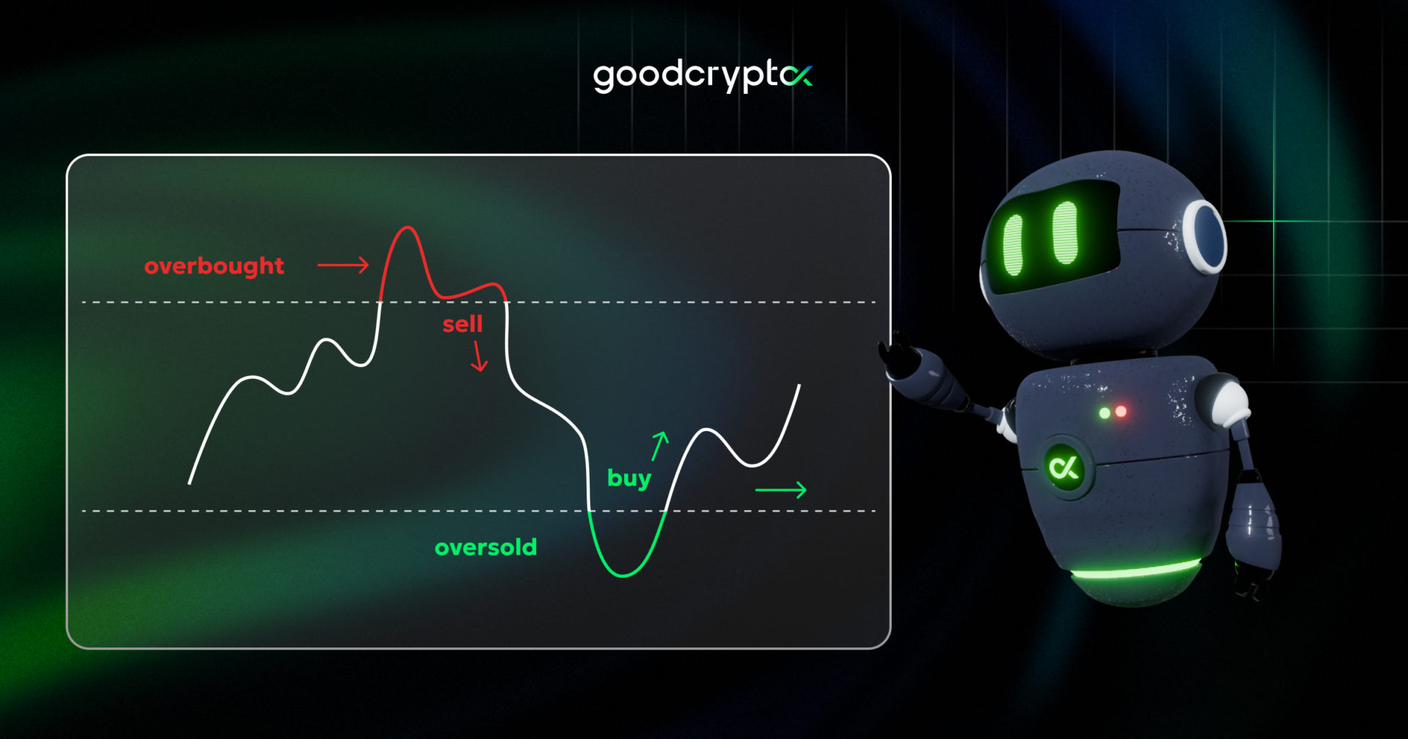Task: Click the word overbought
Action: pyautogui.click(x=214, y=266)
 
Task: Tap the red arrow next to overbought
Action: pyautogui.click(x=343, y=265)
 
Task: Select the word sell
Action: pyautogui.click(x=463, y=324)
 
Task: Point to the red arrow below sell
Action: pyautogui.click(x=480, y=356)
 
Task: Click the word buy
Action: pyautogui.click(x=629, y=479)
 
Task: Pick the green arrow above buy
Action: pyautogui.click(x=660, y=446)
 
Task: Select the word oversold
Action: pyautogui.click(x=485, y=547)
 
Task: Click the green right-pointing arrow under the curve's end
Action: pyautogui.click(x=781, y=490)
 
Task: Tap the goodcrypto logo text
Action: pyautogui.click(x=703, y=76)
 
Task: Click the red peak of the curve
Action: pyautogui.click(x=408, y=229)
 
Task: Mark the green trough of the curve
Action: pyautogui.click(x=623, y=575)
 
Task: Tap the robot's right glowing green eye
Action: pyautogui.click(x=1065, y=232)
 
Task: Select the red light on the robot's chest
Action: pyautogui.click(x=1121, y=412)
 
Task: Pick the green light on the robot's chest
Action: pyautogui.click(x=1104, y=413)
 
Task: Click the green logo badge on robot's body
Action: pyautogui.click(x=1064, y=468)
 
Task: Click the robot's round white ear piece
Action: pyautogui.click(x=1203, y=236)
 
